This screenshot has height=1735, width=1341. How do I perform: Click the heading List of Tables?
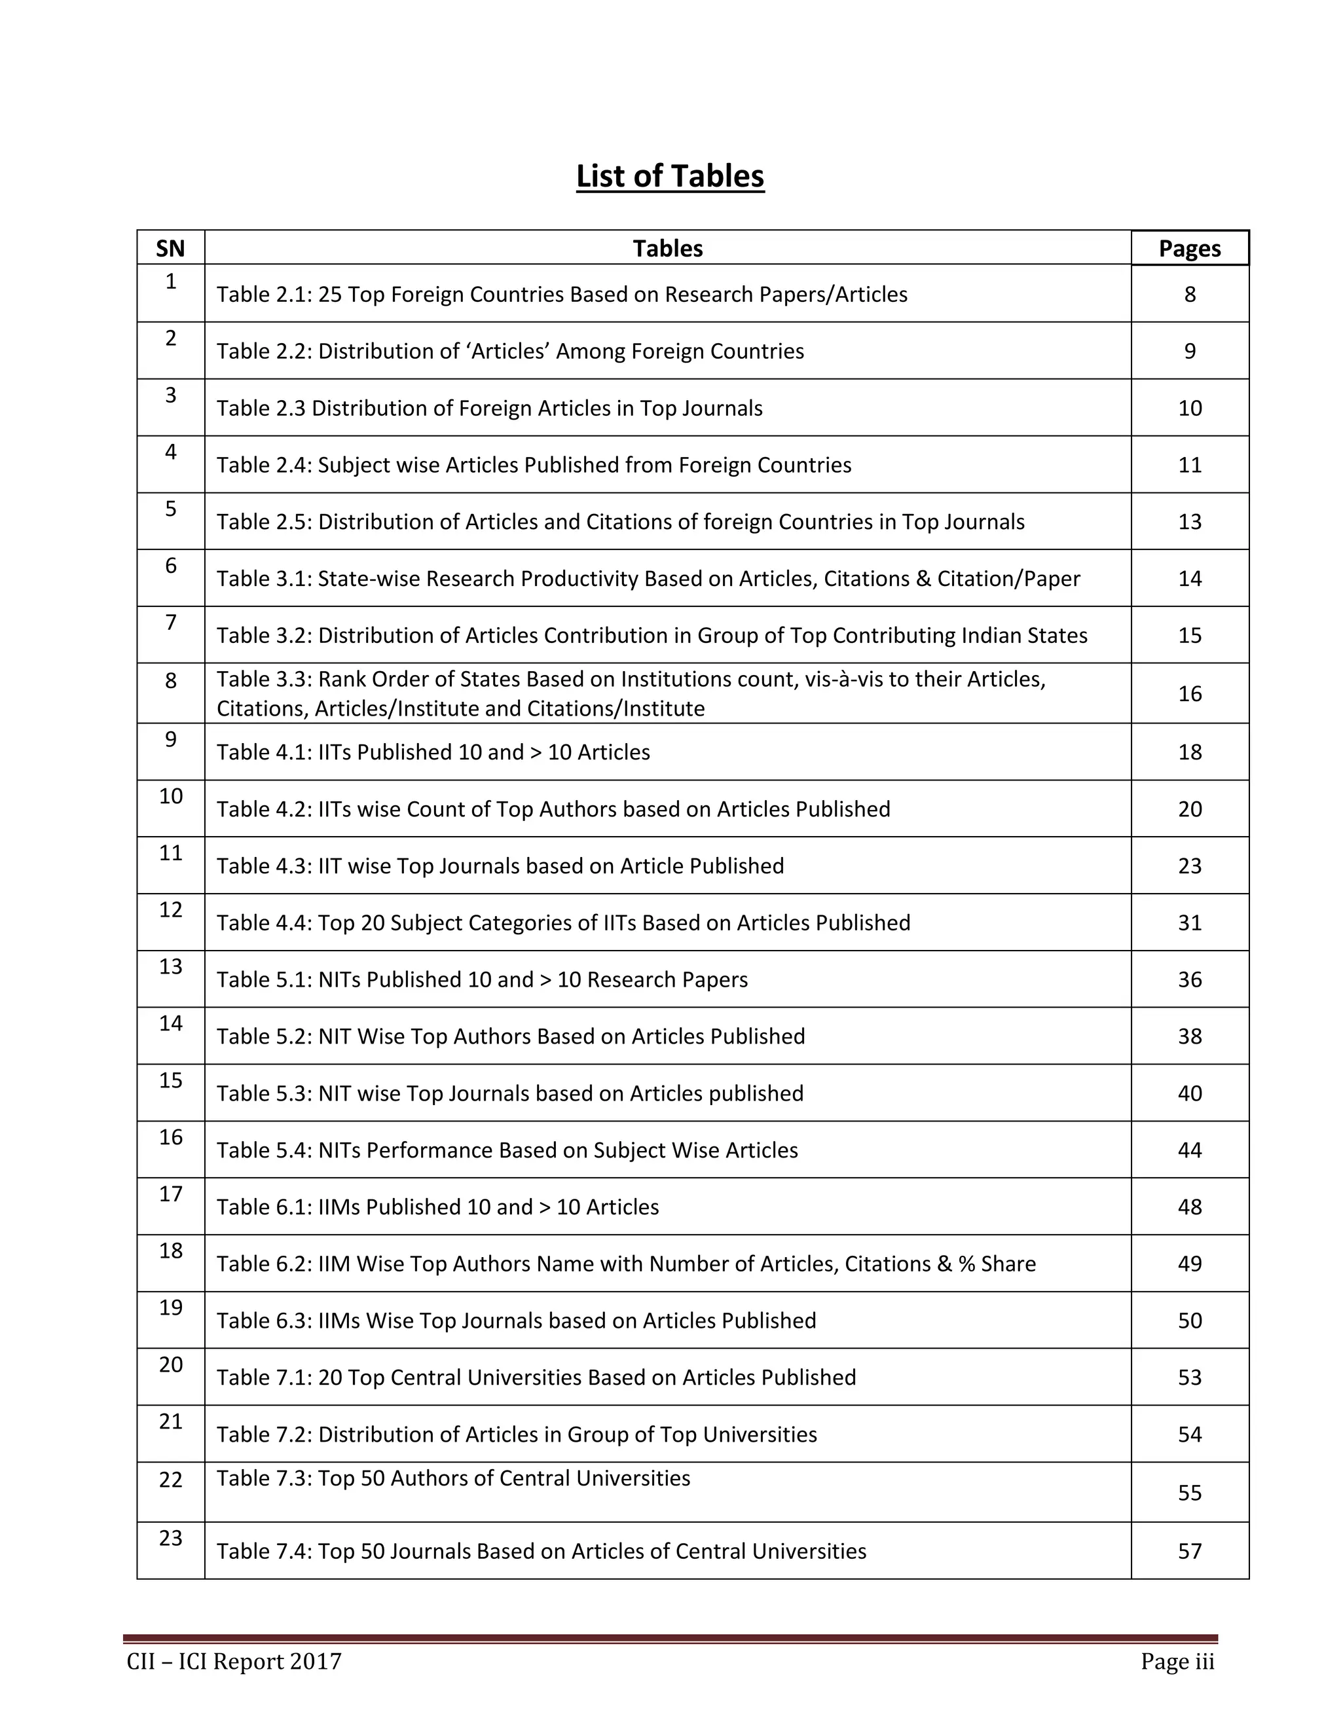tap(670, 176)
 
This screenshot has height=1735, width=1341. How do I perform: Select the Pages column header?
tap(1189, 249)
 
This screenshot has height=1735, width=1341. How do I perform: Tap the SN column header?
tap(170, 249)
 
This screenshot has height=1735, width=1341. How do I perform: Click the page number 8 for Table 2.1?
tap(1189, 295)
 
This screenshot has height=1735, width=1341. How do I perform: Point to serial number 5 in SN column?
tap(170, 509)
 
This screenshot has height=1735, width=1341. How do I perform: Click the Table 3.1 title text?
tap(648, 578)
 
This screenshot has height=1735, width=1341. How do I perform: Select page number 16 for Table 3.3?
tap(1189, 693)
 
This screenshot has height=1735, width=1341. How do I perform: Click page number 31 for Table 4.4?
tap(1189, 922)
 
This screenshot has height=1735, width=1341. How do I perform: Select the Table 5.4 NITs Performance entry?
tap(507, 1150)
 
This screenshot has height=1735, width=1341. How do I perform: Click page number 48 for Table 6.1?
tap(1189, 1207)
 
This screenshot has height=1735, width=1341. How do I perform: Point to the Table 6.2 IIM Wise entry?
tap(626, 1264)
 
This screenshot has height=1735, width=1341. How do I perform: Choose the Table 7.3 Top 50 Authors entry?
tap(453, 1478)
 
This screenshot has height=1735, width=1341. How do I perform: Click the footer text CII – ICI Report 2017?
tap(234, 1662)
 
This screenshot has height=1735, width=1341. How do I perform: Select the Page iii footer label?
tap(1177, 1662)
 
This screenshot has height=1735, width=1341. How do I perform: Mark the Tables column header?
tap(667, 249)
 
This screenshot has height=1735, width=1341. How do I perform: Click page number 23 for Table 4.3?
tap(1189, 866)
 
